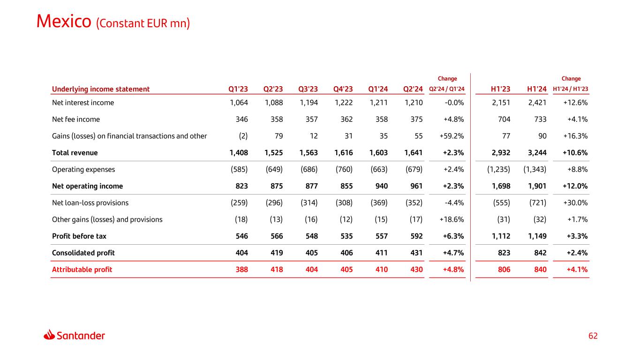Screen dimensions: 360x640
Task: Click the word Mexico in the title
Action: coord(63,22)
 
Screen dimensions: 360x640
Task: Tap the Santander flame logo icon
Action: coord(49,335)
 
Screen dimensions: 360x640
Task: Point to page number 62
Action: coord(593,336)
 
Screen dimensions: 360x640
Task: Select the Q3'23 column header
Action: coord(308,89)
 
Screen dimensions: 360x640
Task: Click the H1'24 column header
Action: coord(537,89)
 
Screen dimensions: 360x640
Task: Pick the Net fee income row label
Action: coord(75,119)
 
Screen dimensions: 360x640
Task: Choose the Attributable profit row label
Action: coord(82,270)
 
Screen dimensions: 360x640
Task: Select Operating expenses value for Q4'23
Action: coord(343,169)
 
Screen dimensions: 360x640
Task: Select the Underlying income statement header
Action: coord(101,89)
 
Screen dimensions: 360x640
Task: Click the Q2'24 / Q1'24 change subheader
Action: coord(447,90)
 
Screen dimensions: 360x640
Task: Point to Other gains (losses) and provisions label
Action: coord(107,219)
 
